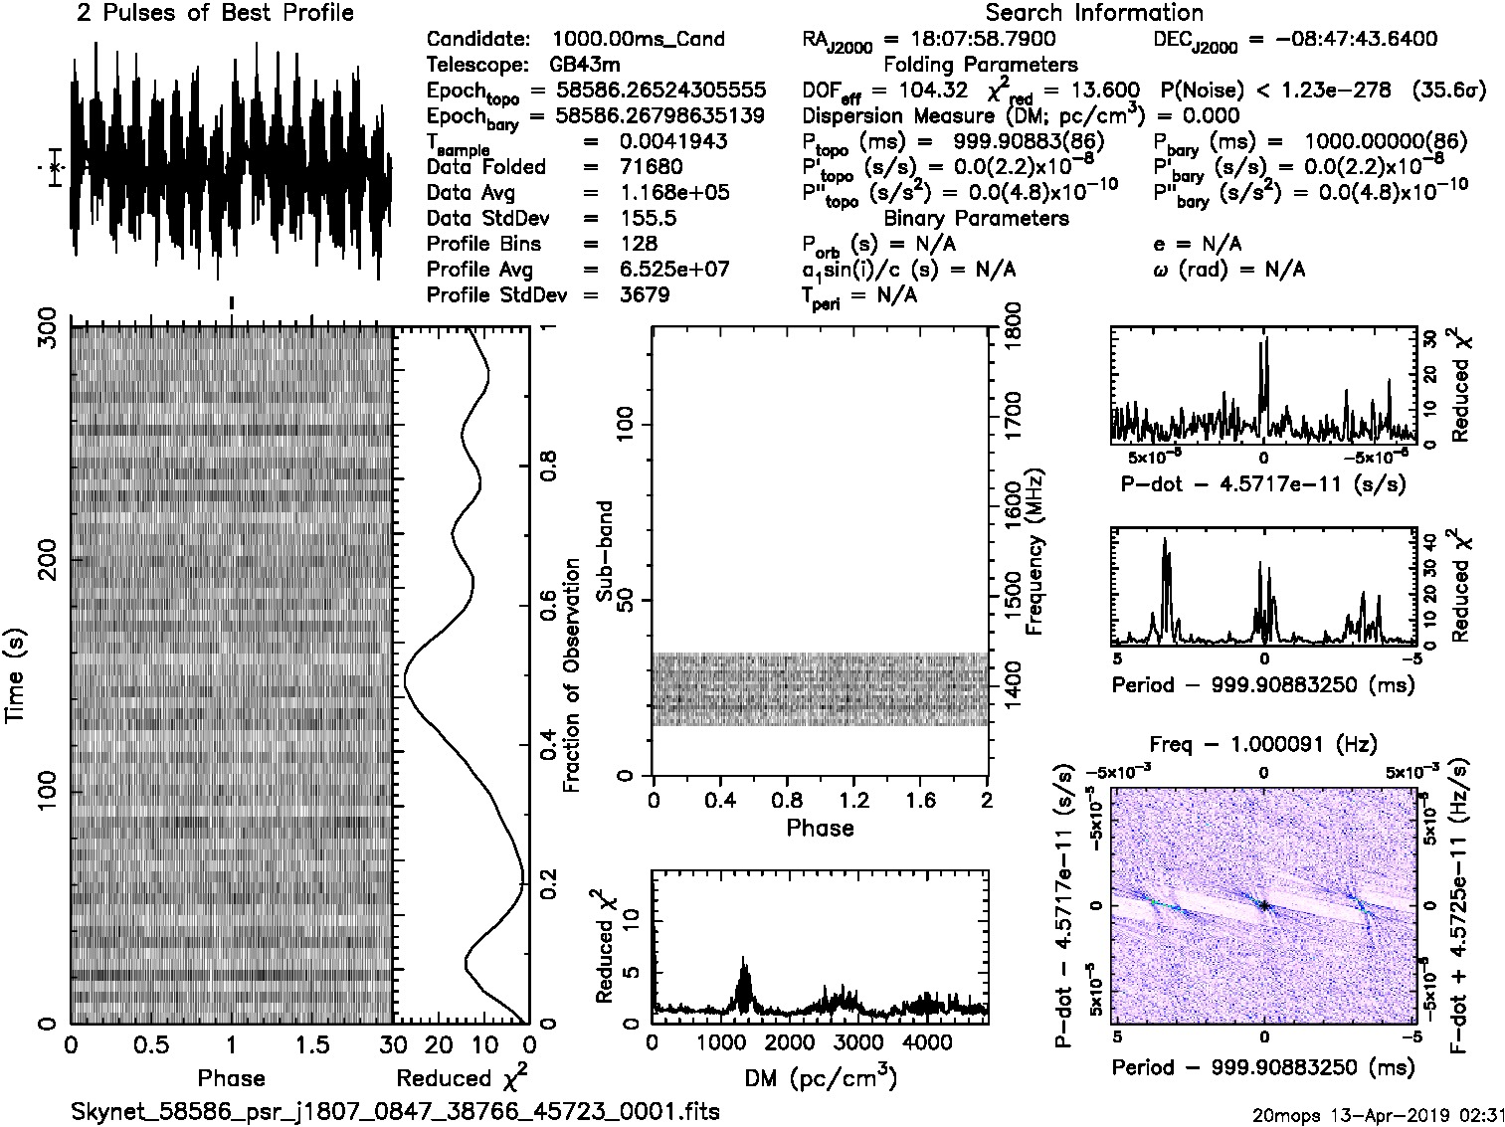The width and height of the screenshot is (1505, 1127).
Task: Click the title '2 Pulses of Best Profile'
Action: coord(215,13)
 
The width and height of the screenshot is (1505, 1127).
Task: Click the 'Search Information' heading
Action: coord(1093,13)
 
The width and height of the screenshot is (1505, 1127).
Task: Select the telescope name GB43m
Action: coord(585,65)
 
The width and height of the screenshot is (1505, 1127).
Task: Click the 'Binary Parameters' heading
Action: coord(976,218)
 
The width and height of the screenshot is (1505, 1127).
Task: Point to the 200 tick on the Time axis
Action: coord(46,559)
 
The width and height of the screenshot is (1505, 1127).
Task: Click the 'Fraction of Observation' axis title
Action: coord(571,675)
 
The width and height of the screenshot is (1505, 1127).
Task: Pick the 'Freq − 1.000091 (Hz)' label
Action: coord(1262,744)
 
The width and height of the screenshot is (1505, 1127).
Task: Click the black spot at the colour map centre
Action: coord(1263,905)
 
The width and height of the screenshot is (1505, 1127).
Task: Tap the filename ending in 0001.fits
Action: coord(395,1111)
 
